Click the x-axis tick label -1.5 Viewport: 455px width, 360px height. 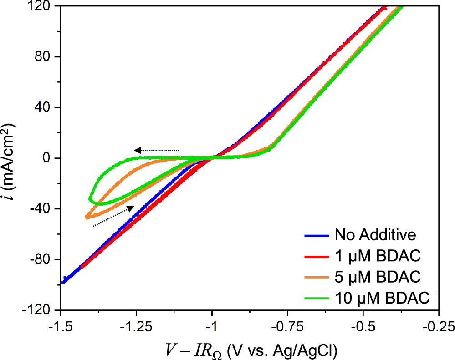[x=60, y=327]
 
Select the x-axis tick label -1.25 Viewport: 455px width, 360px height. [x=136, y=327]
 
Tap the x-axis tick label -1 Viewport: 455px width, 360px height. [x=212, y=327]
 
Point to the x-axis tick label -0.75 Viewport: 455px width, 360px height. [x=287, y=327]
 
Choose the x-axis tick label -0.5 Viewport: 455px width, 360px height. [x=363, y=327]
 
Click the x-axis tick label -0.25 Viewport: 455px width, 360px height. [x=438, y=327]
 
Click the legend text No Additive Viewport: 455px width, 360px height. [x=375, y=235]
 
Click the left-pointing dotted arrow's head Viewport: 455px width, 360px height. [x=137, y=150]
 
